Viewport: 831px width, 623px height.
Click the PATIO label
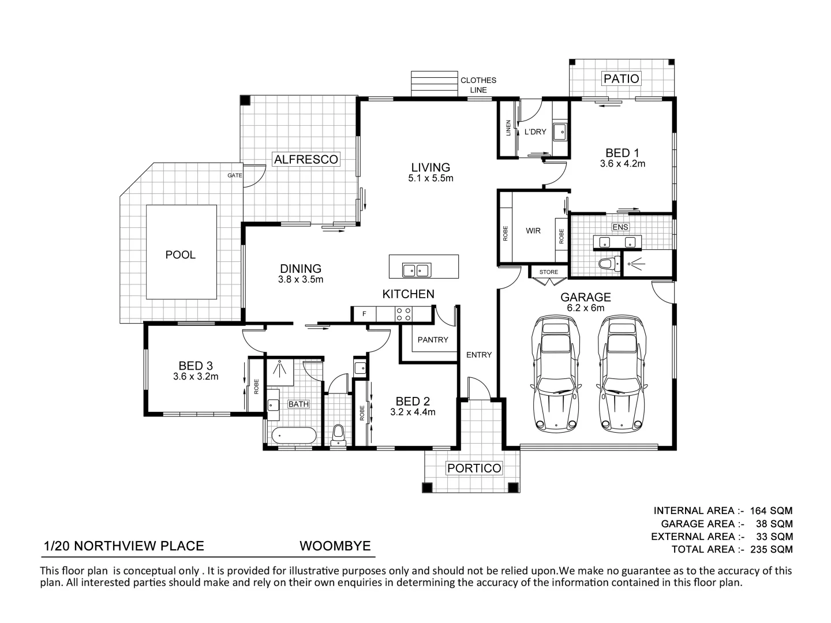[x=621, y=78]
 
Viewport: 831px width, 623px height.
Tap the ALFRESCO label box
[x=306, y=159]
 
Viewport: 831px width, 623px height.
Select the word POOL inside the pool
[x=180, y=254]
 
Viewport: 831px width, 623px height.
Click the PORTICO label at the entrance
[x=474, y=468]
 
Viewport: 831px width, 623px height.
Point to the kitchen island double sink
[x=416, y=269]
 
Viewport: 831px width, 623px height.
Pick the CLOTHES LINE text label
[x=478, y=85]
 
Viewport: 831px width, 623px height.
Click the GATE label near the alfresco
[x=235, y=175]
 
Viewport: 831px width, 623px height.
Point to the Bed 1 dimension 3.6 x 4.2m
[x=622, y=164]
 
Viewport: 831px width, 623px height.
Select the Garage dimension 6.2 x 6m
[x=586, y=308]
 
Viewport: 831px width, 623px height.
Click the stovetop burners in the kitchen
[x=403, y=314]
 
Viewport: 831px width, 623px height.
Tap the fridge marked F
[x=364, y=314]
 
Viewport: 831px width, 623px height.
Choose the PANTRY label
[x=432, y=340]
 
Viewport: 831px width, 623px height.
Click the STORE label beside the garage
[x=549, y=272]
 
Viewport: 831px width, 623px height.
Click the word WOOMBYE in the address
[x=335, y=546]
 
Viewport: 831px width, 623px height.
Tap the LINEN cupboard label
[x=508, y=127]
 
